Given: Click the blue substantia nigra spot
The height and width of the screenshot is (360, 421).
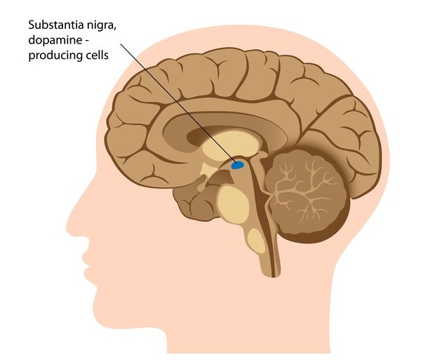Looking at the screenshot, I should pos(238,166).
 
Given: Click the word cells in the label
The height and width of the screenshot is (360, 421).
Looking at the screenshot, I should pos(96,56).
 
